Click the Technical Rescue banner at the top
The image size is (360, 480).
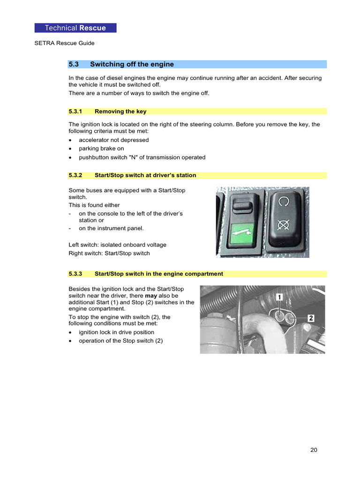[x=75, y=28]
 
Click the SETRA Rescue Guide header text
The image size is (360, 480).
[x=64, y=43]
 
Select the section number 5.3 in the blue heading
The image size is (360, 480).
[x=74, y=64]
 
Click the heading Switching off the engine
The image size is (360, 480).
[x=132, y=64]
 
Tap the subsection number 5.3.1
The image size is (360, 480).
[x=75, y=112]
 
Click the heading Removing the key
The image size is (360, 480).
[x=120, y=112]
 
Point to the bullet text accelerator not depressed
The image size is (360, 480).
[x=113, y=140]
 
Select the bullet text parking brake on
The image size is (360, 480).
[x=101, y=149]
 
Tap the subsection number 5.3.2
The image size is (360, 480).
[x=75, y=175]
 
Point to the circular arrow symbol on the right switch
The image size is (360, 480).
[x=283, y=202]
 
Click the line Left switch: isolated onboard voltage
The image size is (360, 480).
[x=117, y=245]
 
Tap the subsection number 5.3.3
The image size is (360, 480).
[x=75, y=274]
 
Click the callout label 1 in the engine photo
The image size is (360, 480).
[x=278, y=297]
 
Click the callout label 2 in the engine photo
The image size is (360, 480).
[x=310, y=318]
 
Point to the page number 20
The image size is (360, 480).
[x=314, y=450]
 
